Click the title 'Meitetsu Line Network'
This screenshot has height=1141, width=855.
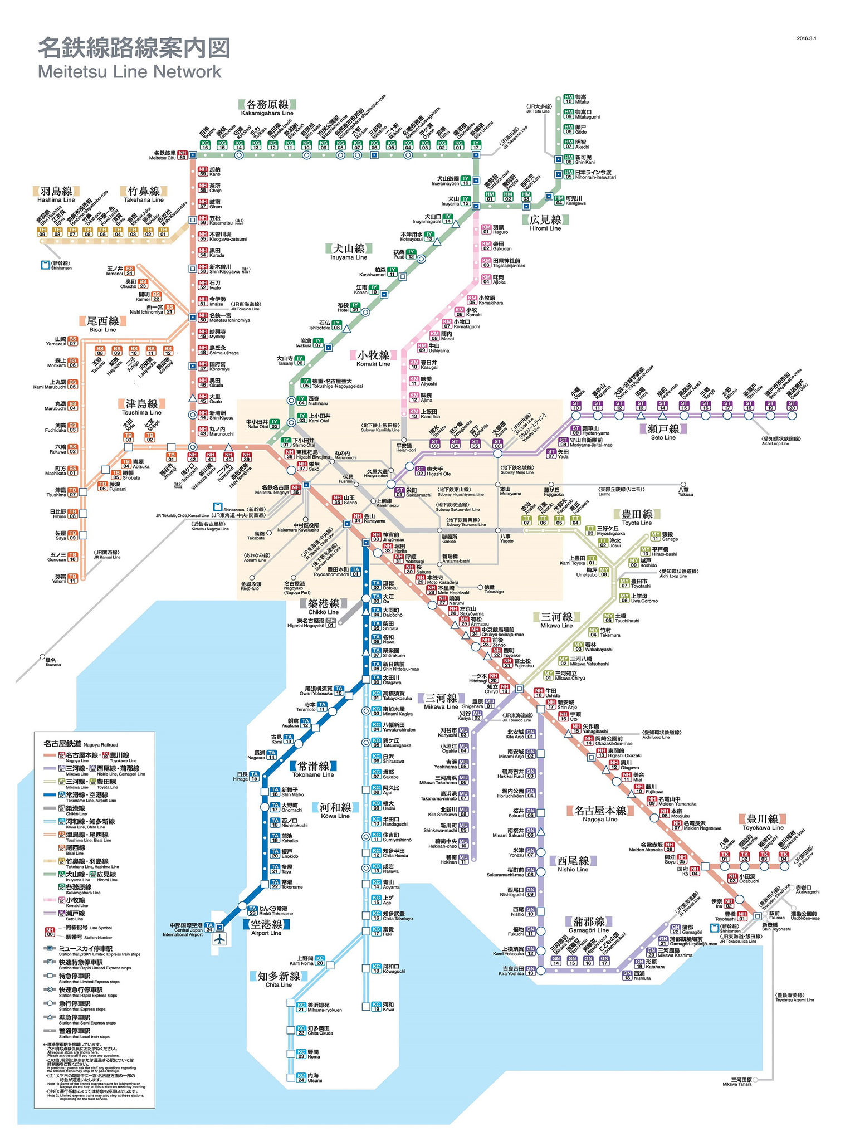coord(129,72)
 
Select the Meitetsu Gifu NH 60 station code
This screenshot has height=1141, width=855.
coord(182,155)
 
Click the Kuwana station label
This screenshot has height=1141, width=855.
coord(53,661)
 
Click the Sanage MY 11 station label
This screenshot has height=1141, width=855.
coord(670,537)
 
